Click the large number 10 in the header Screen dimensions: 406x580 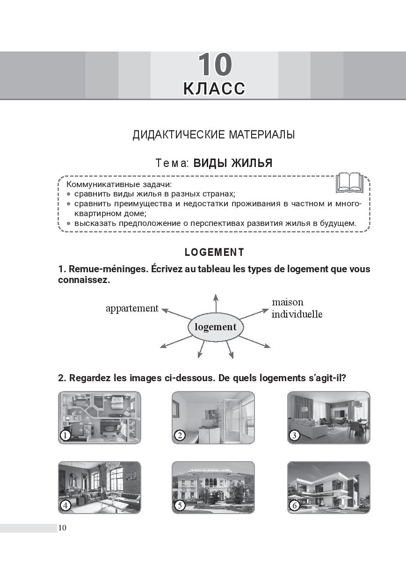pos(215,64)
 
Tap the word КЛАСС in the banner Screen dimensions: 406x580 pos(214,88)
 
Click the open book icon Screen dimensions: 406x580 pos(349,182)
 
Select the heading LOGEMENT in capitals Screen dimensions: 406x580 pos(214,252)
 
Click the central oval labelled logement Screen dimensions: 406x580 pos(216,327)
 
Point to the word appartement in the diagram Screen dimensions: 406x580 pos(132,309)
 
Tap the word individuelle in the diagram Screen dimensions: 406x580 pos(297,314)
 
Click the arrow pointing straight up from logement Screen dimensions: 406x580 pos(216,303)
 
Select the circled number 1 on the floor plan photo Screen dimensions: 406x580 pos(65,435)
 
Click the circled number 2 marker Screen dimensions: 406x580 pos(180,435)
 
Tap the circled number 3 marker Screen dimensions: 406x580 pos(294,435)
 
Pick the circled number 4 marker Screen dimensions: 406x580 pos(65,505)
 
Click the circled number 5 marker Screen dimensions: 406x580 pos(180,505)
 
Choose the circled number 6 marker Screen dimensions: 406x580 pos(294,505)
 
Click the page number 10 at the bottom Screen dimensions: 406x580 pos(62,528)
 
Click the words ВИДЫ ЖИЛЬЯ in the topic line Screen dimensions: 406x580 pos(233,163)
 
